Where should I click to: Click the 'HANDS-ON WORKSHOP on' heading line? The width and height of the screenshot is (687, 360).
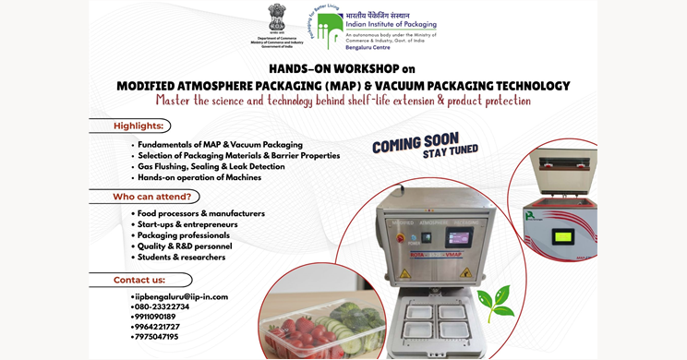(x=343, y=68)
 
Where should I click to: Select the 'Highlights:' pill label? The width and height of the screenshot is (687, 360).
(x=139, y=126)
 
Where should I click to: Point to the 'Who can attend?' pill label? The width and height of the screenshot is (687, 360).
(x=151, y=196)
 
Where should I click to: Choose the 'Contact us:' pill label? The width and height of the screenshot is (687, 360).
(x=139, y=280)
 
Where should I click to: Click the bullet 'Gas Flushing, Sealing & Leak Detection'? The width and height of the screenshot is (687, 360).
(x=211, y=166)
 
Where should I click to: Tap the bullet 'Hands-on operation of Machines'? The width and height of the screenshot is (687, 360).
(x=199, y=177)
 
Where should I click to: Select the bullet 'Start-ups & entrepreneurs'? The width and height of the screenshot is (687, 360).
(x=187, y=224)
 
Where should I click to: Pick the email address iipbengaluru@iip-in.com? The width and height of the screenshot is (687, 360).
(x=180, y=296)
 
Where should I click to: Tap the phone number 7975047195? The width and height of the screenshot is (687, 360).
(x=156, y=337)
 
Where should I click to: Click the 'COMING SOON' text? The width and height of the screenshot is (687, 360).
(x=415, y=143)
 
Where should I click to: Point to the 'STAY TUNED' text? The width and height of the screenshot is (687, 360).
(x=450, y=151)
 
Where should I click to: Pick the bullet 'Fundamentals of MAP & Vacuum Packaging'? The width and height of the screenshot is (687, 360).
(x=219, y=145)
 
